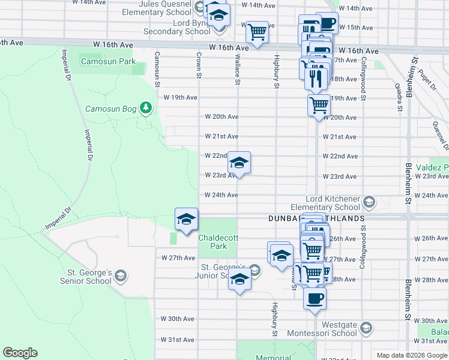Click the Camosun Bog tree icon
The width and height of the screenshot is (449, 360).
(145, 108)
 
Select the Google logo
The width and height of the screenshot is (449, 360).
(20, 353)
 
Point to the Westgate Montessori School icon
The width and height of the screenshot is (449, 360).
(366, 328)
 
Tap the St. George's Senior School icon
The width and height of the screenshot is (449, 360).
(121, 276)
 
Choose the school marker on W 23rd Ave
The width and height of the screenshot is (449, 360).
(239, 163)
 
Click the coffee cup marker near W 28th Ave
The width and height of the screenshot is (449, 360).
(315, 298)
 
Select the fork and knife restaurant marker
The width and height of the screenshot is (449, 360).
(316, 77)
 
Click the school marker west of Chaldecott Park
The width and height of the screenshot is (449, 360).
(186, 220)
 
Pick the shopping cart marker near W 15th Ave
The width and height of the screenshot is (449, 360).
(257, 32)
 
